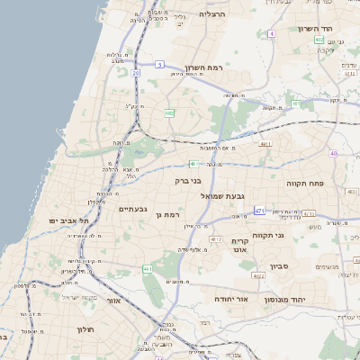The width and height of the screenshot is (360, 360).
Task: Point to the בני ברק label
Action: coord(188,181)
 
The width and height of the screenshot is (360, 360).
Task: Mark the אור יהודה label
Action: coord(231,298)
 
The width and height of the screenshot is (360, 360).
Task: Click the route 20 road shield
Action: coord(136,72)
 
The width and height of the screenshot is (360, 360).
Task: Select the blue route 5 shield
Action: coord(159,65)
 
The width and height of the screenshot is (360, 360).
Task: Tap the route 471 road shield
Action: coord(259,211)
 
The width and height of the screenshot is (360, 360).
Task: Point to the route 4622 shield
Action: coord(258,276)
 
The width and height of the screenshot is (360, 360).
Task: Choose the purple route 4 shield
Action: coord(271,34)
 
